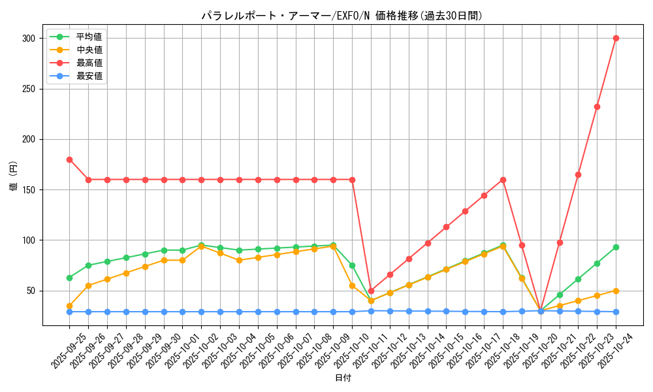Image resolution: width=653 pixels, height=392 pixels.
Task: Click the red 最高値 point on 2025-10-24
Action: [616, 38]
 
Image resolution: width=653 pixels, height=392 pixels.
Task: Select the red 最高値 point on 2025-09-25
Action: [69, 159]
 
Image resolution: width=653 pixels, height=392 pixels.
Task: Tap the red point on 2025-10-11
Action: [371, 291]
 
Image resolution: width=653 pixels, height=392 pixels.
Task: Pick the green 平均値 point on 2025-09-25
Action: [69, 278]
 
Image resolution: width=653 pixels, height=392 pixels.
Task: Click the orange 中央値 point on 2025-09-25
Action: [69, 306]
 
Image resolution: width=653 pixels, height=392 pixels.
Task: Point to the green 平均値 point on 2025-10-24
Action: [616, 247]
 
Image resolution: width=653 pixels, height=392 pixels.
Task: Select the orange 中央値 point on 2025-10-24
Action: [616, 291]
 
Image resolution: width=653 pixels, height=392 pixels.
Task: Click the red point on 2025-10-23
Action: [597, 106]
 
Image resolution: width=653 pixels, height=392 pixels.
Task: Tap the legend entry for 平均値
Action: [89, 37]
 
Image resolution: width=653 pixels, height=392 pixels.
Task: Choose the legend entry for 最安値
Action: [89, 76]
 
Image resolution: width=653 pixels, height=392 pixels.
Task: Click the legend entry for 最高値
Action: [89, 63]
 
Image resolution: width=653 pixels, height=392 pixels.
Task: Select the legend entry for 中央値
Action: [89, 50]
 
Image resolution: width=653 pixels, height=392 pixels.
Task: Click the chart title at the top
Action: [342, 16]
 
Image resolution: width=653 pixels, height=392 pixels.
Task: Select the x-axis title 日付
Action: [343, 378]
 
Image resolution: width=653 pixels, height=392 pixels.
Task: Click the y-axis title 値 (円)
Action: [14, 177]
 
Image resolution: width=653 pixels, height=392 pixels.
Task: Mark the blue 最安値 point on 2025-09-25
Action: [69, 312]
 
